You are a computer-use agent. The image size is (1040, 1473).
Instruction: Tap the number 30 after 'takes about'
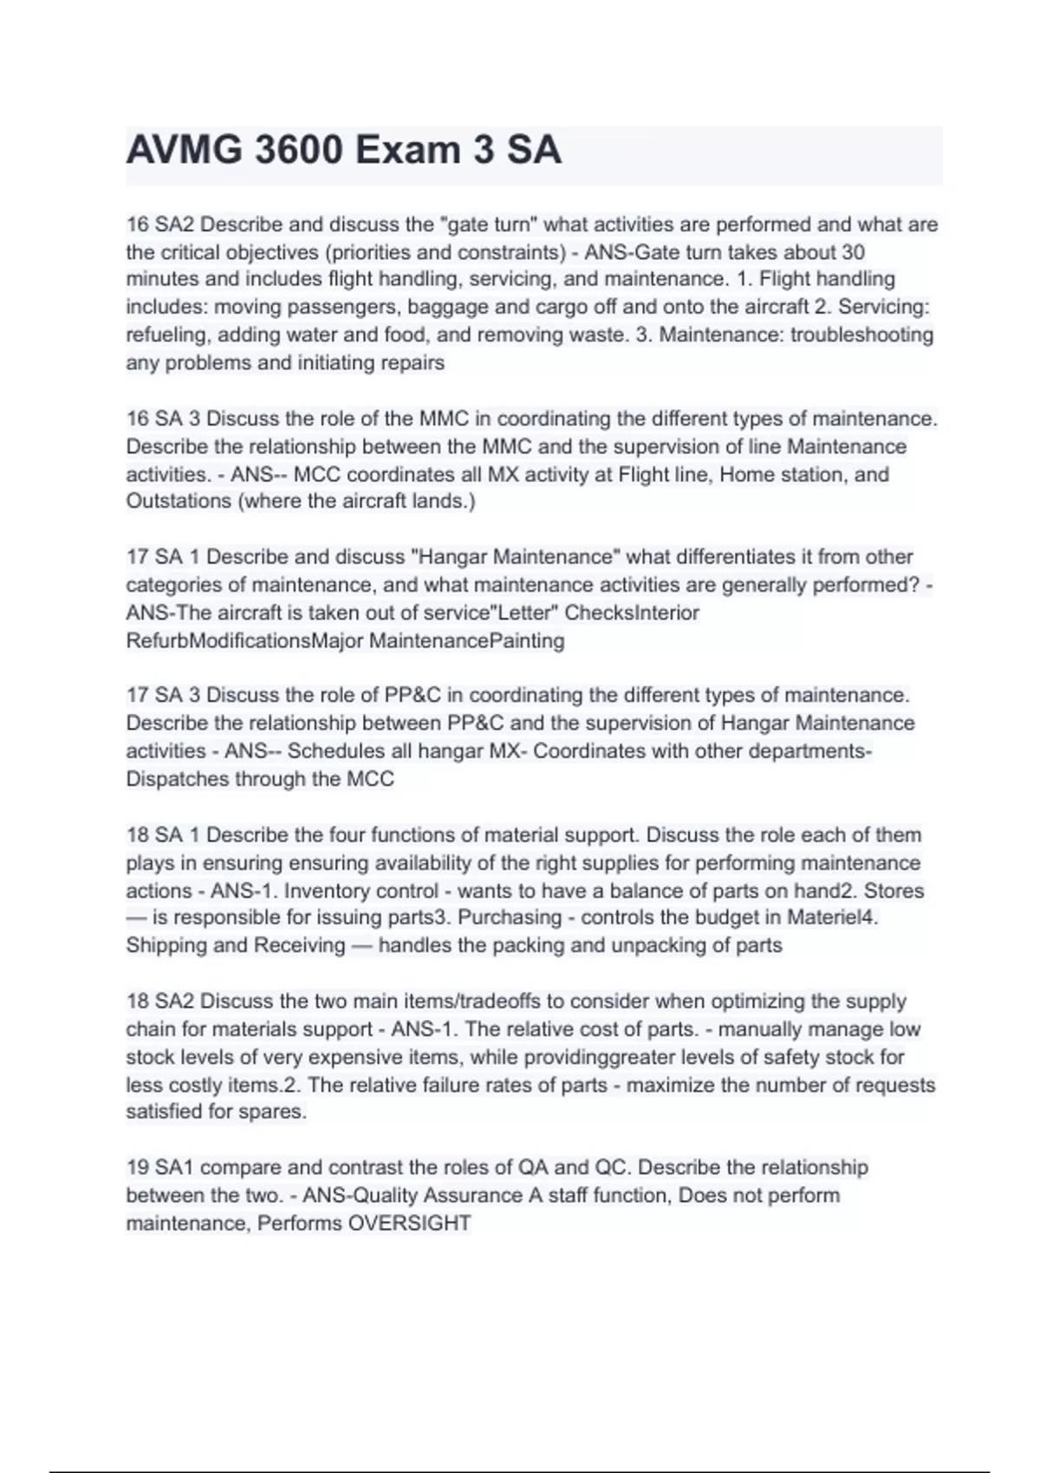point(853,252)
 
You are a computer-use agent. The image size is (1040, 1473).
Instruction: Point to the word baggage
point(446,307)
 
